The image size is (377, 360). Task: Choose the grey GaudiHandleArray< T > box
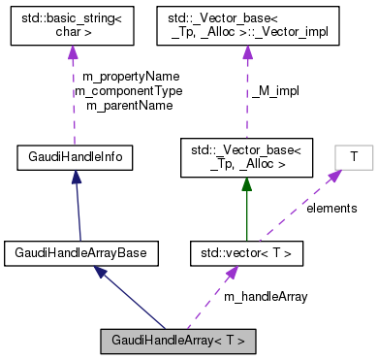(179, 341)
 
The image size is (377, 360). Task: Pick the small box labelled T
(354, 155)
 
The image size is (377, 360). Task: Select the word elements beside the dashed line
(332, 208)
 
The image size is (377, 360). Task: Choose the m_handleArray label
(265, 296)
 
